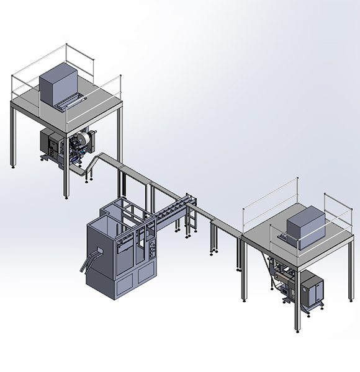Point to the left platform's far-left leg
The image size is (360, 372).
13,136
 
